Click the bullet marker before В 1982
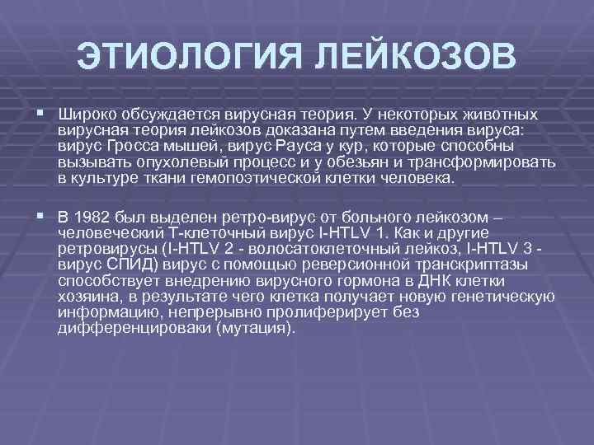[x=40, y=217]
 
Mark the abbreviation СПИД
[x=130, y=265]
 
